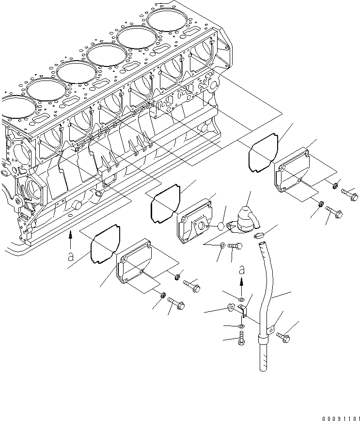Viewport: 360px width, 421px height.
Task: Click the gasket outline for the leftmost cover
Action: click(105, 244)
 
